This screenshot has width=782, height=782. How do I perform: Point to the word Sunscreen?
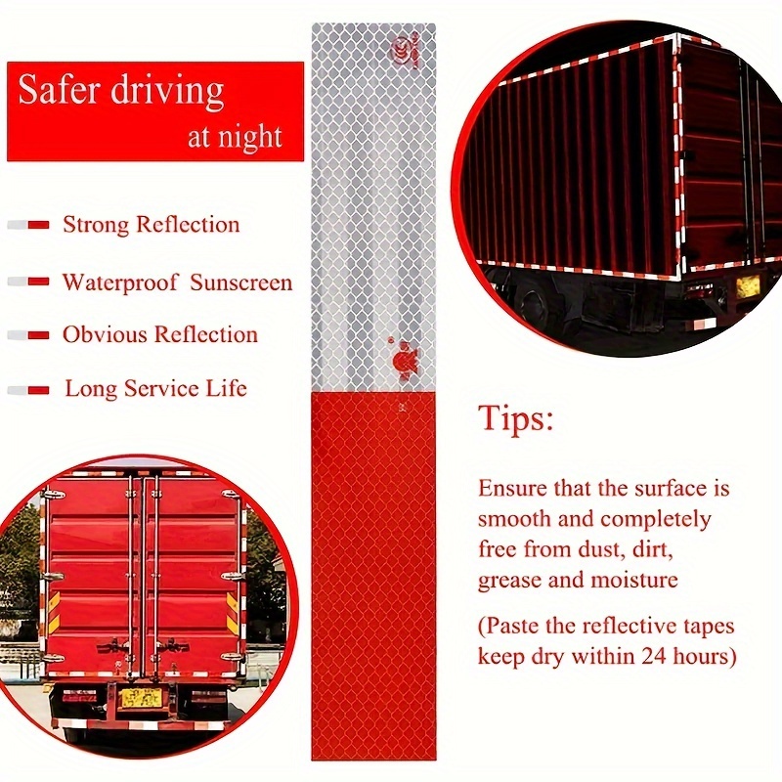click(x=240, y=282)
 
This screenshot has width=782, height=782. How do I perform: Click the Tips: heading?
click(x=516, y=419)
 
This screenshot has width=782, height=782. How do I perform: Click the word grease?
click(x=509, y=580)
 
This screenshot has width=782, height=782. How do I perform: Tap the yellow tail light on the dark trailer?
click(x=749, y=285)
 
